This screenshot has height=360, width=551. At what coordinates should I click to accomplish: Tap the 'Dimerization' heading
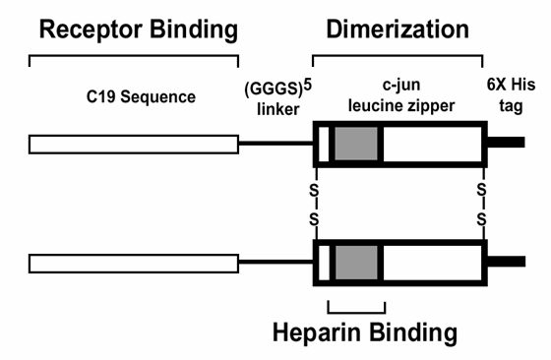tap(398, 30)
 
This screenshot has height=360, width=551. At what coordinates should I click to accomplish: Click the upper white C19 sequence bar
tap(134, 145)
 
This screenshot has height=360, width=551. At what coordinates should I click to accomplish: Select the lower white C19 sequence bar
tap(134, 263)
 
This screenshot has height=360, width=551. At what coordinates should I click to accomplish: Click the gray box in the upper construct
tap(357, 145)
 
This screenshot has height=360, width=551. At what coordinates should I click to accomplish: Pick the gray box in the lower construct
tap(357, 263)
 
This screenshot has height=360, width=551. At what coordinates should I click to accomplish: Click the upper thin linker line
tap(275, 145)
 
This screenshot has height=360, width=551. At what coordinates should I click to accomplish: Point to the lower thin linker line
tap(275, 263)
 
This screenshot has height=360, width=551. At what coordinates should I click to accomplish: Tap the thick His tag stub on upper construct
tap(505, 144)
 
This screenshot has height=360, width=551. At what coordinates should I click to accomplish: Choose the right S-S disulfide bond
tap(482, 204)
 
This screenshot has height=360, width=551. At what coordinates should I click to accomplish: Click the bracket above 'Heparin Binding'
tap(355, 306)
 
